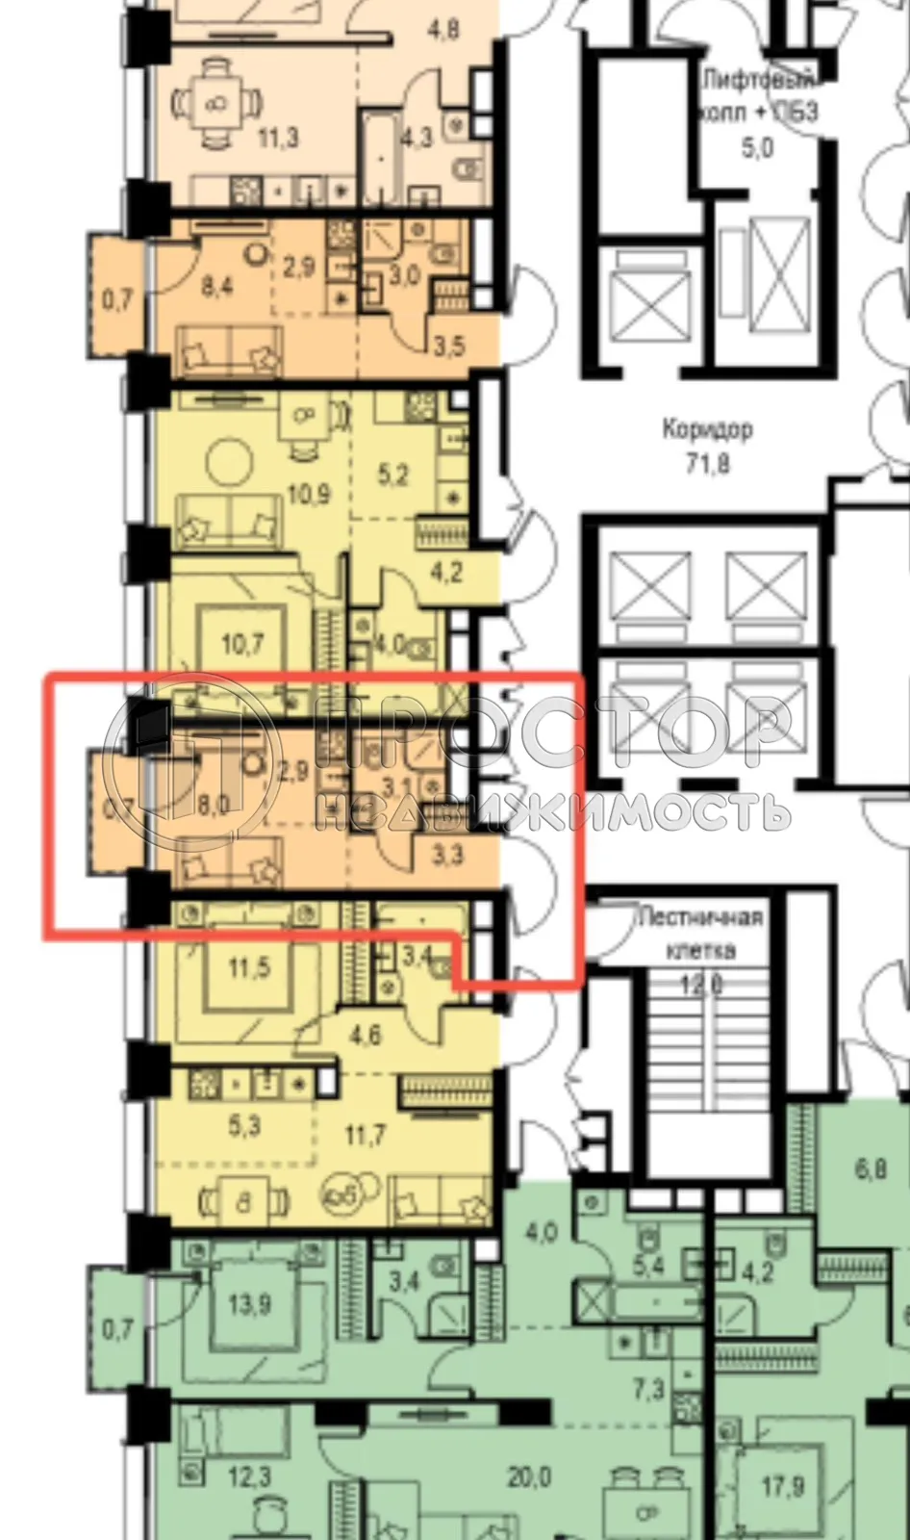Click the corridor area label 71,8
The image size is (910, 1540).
707,464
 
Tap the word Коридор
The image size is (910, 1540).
707,428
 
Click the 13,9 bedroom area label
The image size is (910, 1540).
249,1305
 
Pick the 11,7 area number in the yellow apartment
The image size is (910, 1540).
365,1136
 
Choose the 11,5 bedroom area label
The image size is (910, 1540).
249,967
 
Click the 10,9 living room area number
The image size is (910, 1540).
309,495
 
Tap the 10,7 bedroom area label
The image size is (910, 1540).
241,642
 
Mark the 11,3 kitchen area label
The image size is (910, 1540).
277,138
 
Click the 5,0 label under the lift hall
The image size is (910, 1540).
757,148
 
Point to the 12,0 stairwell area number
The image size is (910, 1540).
701,985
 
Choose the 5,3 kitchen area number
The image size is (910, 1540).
244,1125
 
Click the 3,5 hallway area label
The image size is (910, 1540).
446,345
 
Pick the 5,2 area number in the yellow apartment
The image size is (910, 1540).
392,474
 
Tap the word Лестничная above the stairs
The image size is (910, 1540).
700,917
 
